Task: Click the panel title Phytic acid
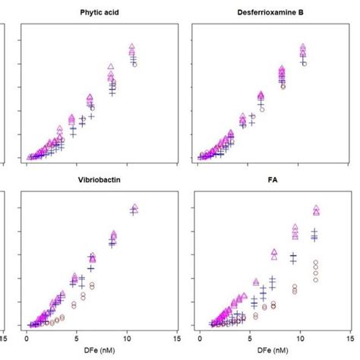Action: point(99,13)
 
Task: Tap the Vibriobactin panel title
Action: point(99,182)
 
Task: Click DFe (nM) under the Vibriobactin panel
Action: point(99,349)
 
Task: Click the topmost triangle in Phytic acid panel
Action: point(132,47)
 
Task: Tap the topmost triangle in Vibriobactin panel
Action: point(134,207)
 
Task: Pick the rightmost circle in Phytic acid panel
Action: point(134,65)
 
